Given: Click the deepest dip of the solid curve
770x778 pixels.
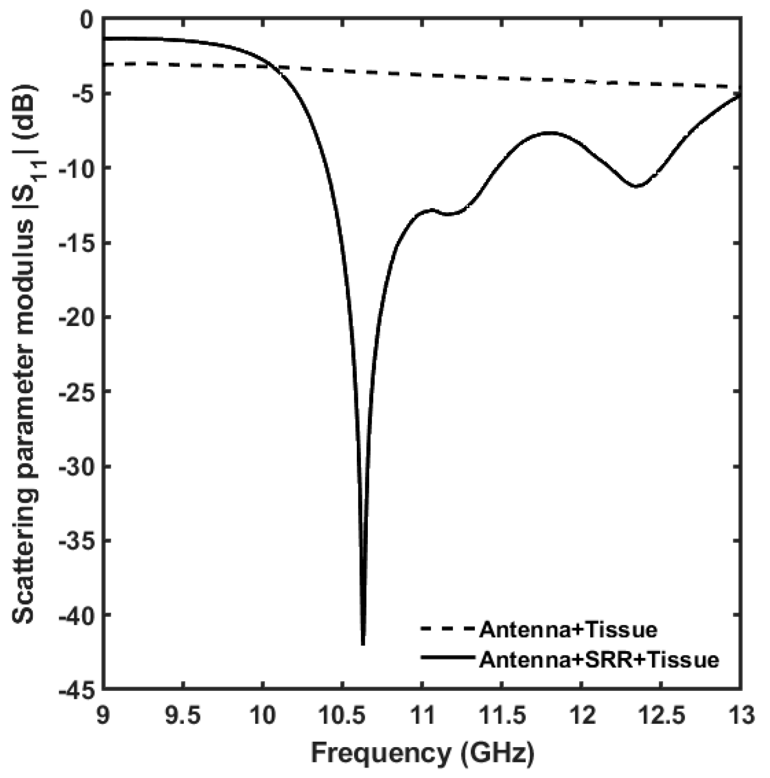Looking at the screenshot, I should tap(363, 643).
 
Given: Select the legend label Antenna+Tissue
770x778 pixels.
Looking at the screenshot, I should tap(568, 630).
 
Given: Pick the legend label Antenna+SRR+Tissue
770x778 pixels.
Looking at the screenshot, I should tap(599, 660).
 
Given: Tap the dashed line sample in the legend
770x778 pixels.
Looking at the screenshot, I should tap(448, 629).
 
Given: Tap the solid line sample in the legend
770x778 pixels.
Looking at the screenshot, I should tap(448, 658).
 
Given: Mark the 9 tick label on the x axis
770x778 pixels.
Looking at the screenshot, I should tap(103, 716).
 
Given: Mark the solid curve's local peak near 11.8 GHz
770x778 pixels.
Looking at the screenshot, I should tap(550, 133).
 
